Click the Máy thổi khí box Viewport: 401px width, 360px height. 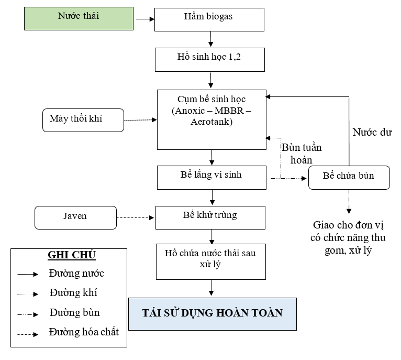click(x=83, y=120)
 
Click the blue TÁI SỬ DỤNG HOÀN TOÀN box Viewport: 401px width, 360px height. click(x=212, y=314)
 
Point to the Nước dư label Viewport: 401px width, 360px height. click(x=372, y=132)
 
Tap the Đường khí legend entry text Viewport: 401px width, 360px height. click(x=73, y=293)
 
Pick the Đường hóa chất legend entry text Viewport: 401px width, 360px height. click(x=84, y=332)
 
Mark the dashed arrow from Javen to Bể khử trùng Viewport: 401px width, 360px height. click(x=136, y=217)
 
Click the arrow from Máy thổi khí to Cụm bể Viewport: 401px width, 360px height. click(x=140, y=120)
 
